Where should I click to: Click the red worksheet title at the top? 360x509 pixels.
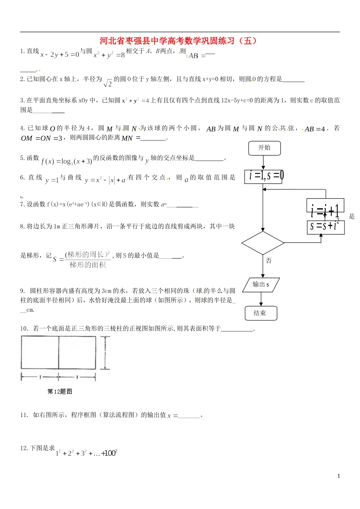point(178,41)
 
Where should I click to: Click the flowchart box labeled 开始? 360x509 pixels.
point(265,148)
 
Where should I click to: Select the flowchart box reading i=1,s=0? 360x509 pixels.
point(263,176)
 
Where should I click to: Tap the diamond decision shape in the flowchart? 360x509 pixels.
point(263,243)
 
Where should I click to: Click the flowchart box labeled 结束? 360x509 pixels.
point(261,313)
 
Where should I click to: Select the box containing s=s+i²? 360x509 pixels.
point(325,227)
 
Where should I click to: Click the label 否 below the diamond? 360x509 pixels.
point(269,261)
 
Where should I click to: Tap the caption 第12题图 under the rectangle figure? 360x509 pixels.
point(59,392)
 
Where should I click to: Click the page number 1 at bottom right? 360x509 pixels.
point(339,476)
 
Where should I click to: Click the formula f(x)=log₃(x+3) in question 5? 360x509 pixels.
point(67,161)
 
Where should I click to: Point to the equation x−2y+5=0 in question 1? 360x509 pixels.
point(60,55)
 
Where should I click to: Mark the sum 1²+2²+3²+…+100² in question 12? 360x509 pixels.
point(86,453)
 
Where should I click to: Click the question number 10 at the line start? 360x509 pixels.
point(24,328)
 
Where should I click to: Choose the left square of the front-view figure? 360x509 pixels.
point(40,353)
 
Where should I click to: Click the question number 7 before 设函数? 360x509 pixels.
point(22,205)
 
